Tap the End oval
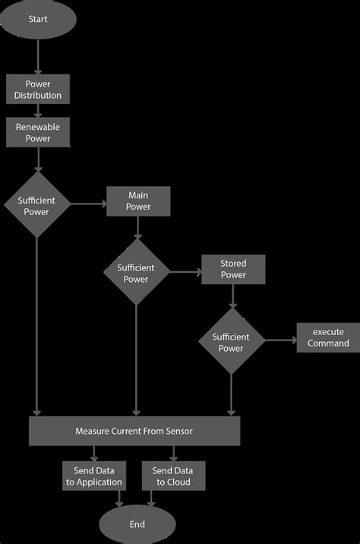coord(137,524)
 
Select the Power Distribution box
coord(37,90)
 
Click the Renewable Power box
coord(37,133)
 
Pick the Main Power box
coord(138,201)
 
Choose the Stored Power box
coord(232,269)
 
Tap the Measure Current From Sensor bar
coord(134,431)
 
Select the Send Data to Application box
coord(93,476)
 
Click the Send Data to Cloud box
coord(172,476)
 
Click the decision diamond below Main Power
coord(136,273)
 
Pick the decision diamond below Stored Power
coord(231,342)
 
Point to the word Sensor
coord(178,431)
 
